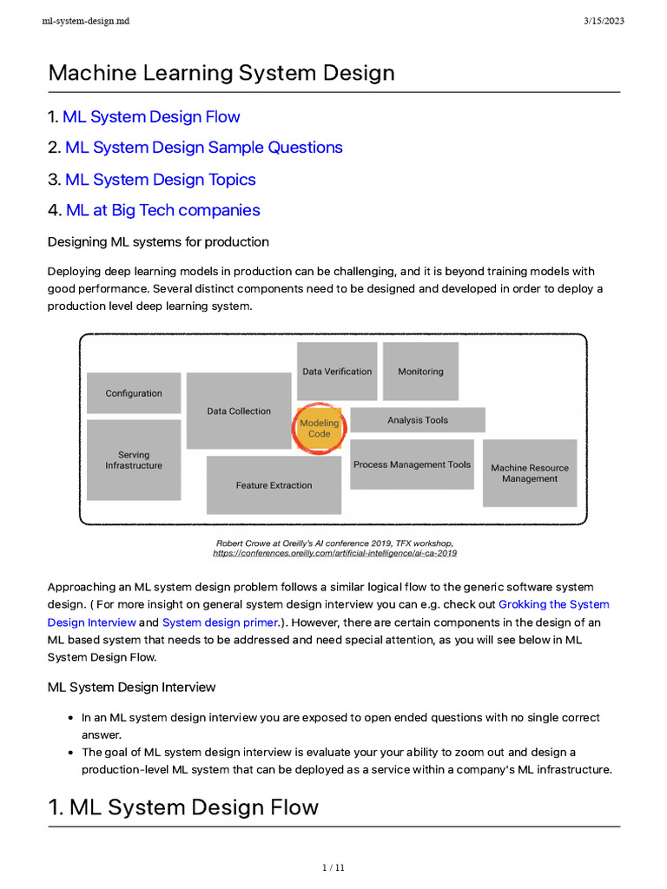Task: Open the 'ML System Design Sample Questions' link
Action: [204, 148]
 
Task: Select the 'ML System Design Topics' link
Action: [161, 180]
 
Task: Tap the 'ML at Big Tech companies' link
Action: [162, 210]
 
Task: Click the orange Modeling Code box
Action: [319, 428]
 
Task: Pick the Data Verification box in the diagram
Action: [337, 372]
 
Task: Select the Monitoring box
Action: [420, 372]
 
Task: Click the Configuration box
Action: [134, 393]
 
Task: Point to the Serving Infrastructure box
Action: [134, 460]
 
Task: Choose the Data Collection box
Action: [239, 412]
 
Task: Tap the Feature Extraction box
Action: [274, 485]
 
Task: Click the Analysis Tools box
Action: [418, 420]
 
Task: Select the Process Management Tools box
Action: [412, 464]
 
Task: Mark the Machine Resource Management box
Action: [530, 473]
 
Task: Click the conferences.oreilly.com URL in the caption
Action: [334, 552]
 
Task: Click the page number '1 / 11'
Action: [333, 867]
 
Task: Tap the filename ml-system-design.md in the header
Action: [85, 21]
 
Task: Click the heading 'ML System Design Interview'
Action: [131, 687]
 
